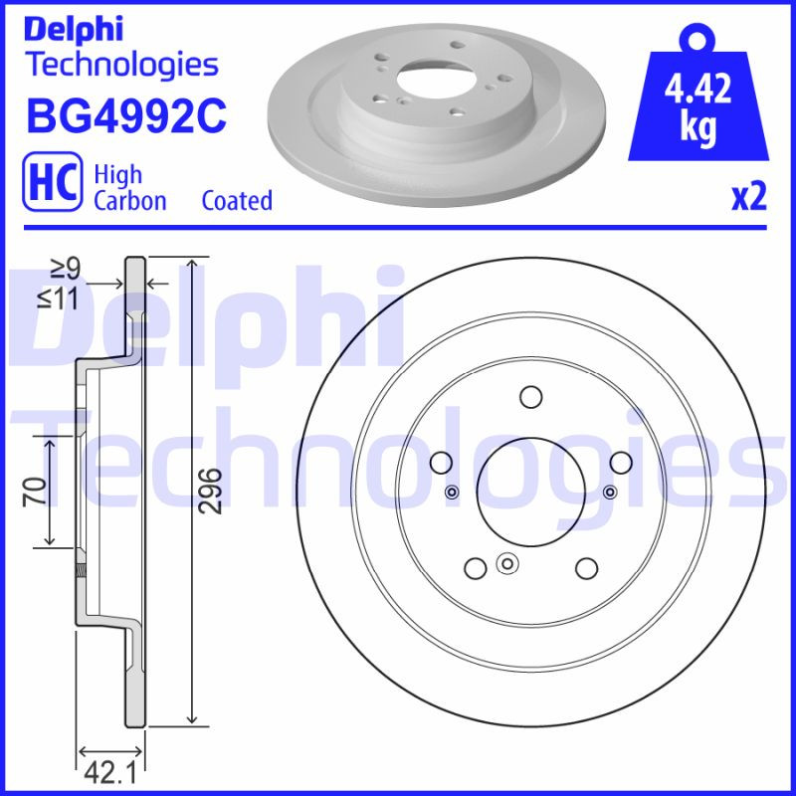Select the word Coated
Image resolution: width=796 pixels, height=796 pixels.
237,200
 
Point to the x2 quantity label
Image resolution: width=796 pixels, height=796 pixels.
749,198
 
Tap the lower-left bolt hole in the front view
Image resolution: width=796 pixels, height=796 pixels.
476,567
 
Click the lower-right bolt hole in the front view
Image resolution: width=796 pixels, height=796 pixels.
585,567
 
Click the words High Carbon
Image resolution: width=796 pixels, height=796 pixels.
129,187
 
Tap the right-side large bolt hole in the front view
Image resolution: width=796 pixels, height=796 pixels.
620,463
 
